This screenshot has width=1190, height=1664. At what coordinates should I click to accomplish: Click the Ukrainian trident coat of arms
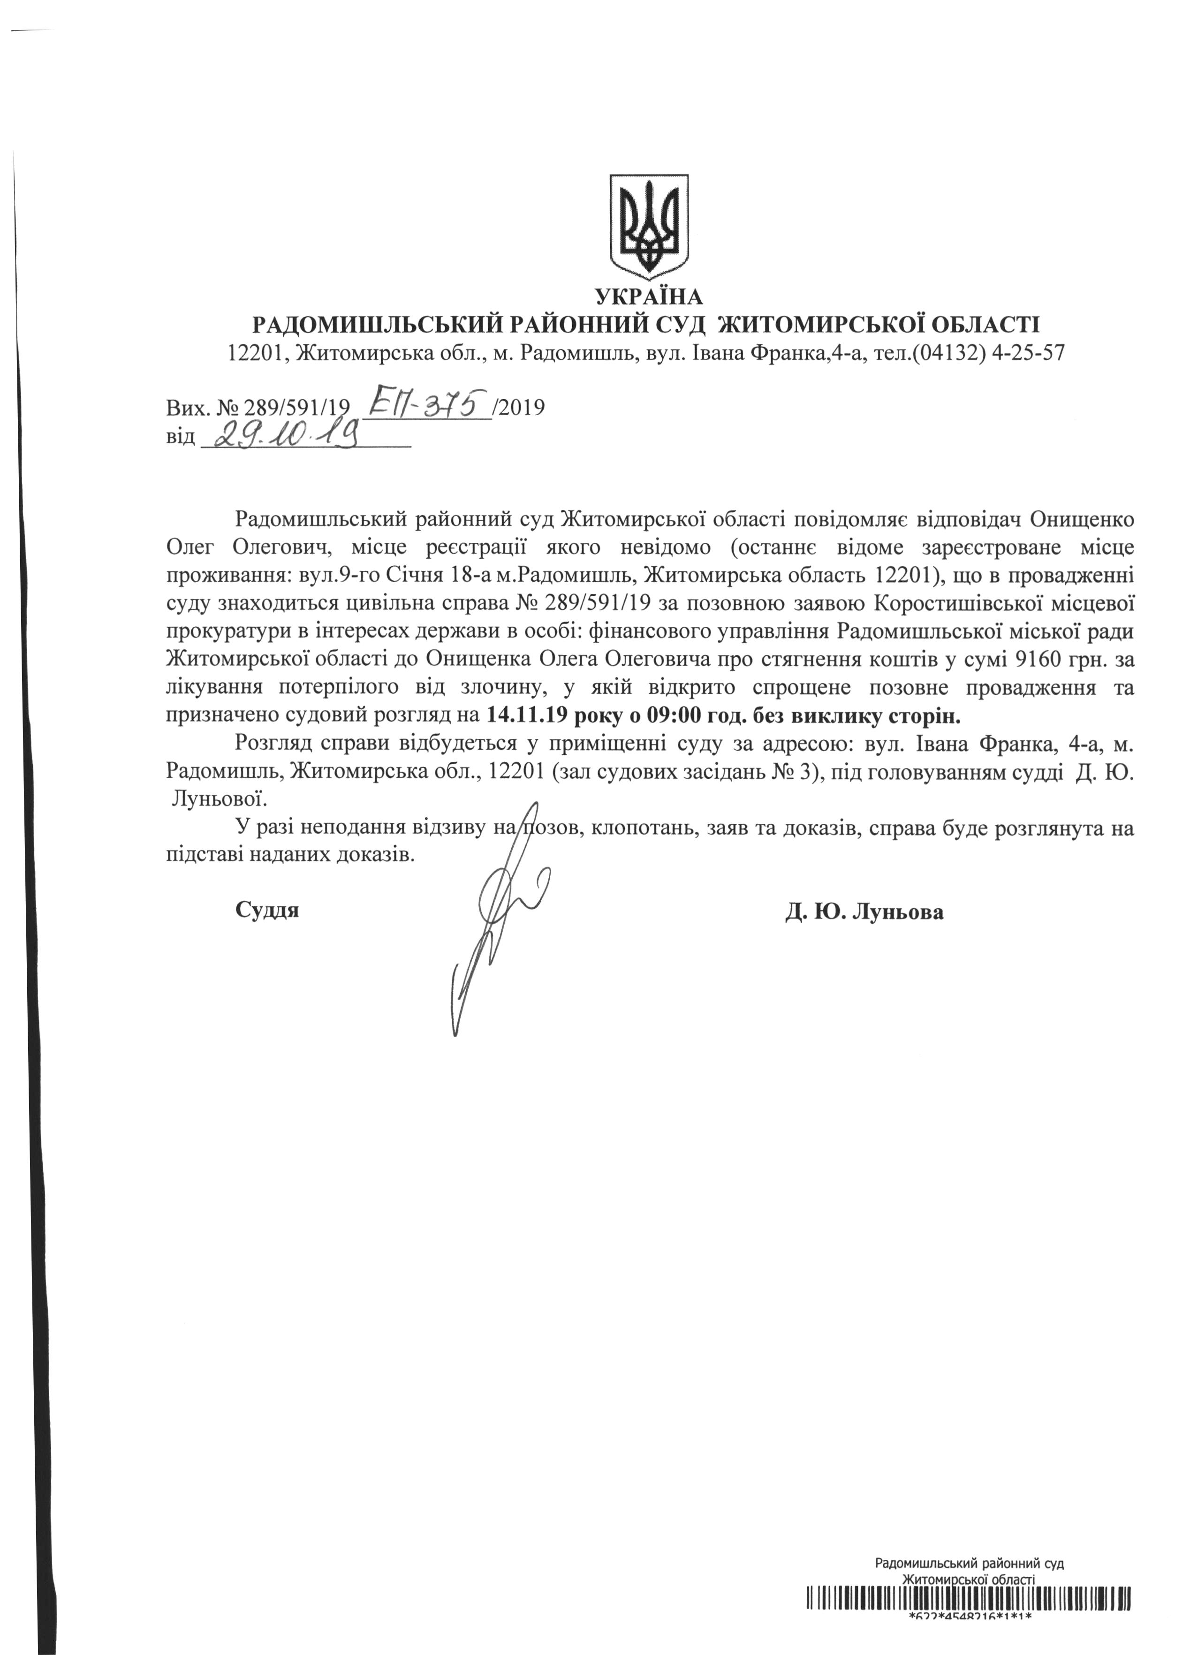click(x=649, y=226)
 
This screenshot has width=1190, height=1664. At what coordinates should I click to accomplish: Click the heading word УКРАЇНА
click(x=649, y=297)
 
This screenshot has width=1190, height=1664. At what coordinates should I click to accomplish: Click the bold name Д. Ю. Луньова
click(x=864, y=912)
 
